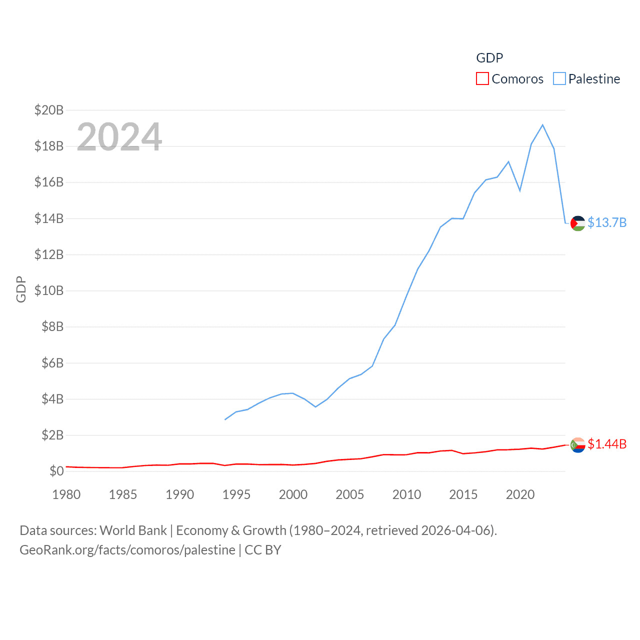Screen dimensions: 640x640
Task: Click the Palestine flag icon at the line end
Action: [577, 223]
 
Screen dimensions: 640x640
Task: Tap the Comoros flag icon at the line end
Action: [577, 444]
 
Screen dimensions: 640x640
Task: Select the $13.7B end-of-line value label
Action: [607, 222]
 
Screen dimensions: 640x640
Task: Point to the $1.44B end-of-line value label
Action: [607, 444]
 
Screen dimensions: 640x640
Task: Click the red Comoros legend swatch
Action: [482, 79]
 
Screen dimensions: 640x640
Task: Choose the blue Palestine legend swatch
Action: [559, 79]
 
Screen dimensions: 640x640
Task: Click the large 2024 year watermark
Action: [119, 136]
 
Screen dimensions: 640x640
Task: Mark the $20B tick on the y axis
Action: [49, 110]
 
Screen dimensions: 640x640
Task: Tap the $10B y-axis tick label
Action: [49, 290]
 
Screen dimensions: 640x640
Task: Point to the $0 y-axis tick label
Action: [56, 471]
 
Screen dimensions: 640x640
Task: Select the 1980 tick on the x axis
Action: [66, 494]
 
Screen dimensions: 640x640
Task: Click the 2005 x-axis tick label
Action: [350, 494]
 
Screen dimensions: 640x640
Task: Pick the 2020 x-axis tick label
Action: [520, 494]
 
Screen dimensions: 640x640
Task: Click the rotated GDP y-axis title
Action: [21, 289]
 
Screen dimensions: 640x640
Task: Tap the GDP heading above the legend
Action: [489, 58]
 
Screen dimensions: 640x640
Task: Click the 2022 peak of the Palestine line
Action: [542, 125]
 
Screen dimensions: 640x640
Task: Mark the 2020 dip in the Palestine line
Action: [520, 190]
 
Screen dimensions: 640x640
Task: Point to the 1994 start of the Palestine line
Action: [225, 419]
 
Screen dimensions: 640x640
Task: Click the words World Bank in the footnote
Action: [133, 530]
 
